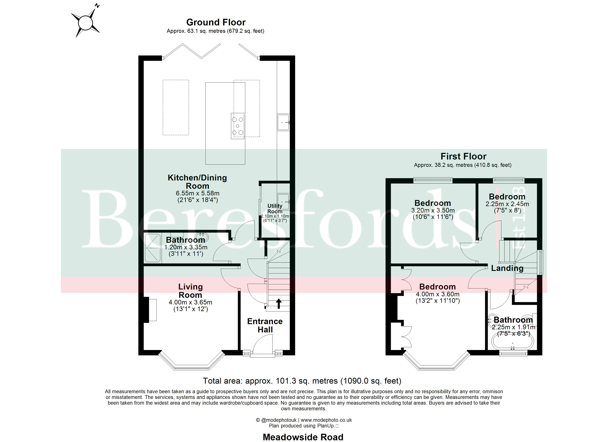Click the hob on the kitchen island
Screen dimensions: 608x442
click(x=237, y=126)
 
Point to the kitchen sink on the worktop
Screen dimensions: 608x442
click(x=283, y=122)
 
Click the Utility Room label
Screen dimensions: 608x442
click(x=275, y=208)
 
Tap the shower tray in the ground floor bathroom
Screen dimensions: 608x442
click(x=153, y=248)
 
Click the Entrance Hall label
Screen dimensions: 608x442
click(x=265, y=325)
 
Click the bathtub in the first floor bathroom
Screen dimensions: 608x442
click(x=513, y=342)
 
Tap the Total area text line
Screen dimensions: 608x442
click(x=302, y=381)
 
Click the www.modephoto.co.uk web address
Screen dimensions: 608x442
click(x=326, y=420)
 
